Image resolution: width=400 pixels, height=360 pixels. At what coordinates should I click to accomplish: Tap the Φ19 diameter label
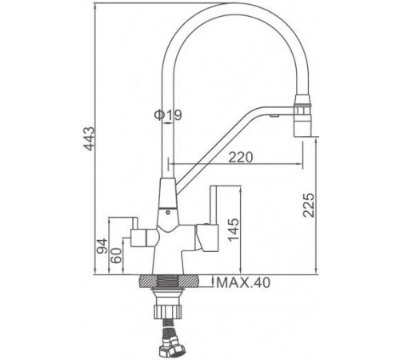[168, 115]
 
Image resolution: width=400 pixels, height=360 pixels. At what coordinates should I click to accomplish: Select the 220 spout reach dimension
[238, 158]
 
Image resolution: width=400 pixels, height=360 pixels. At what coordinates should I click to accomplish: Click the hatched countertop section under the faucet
[171, 282]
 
